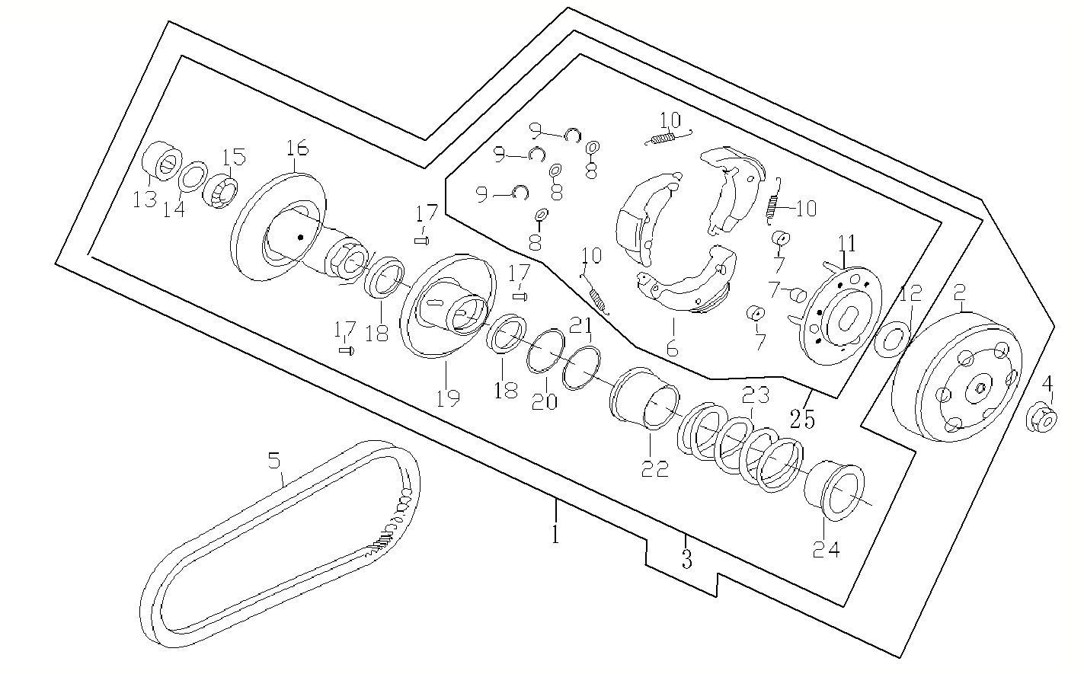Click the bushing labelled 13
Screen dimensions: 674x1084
tap(161, 161)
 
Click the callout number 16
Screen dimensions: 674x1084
tap(296, 147)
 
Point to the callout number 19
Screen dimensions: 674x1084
tap(448, 398)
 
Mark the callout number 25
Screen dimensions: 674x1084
tap(802, 418)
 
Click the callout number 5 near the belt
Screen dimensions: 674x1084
tap(274, 460)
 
